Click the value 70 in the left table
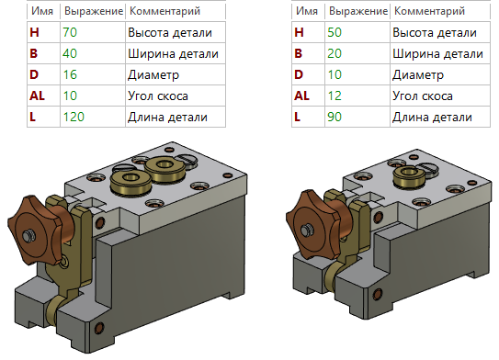click(69, 32)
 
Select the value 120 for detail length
click(73, 117)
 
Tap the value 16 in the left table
click(69, 74)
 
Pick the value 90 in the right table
click(335, 117)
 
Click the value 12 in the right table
click(335, 96)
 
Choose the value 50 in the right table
click(335, 32)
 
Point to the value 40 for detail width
click(70, 53)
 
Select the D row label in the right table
click(297, 74)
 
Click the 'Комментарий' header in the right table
click(428, 12)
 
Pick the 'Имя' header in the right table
click(306, 12)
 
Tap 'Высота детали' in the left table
click(169, 32)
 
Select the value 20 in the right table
click(335, 53)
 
